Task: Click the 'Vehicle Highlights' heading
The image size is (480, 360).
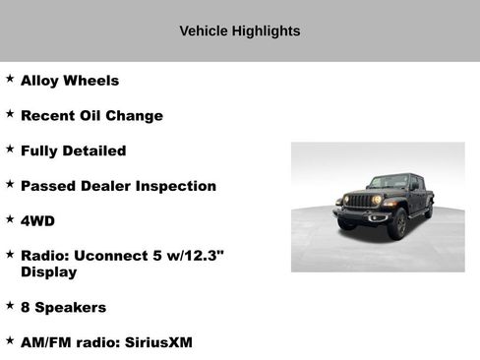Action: [x=240, y=31]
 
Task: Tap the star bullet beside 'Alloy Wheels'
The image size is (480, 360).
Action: [x=10, y=78]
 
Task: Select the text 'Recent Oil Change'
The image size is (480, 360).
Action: [x=91, y=116]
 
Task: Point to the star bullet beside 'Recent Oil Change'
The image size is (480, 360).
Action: [x=10, y=113]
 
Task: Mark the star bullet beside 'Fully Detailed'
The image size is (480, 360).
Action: [x=10, y=149]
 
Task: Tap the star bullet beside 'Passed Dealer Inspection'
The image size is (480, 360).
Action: [x=10, y=183]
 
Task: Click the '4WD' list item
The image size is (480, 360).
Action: [x=37, y=221]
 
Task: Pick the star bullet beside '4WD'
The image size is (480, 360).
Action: [x=10, y=218]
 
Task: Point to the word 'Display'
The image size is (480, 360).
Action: [x=48, y=271]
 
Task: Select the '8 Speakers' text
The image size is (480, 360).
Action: [x=63, y=307]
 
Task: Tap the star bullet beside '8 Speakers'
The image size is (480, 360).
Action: [x=10, y=304]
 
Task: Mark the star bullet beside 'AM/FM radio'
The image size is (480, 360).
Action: [x=10, y=339]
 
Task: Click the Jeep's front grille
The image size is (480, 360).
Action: [x=361, y=201]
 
